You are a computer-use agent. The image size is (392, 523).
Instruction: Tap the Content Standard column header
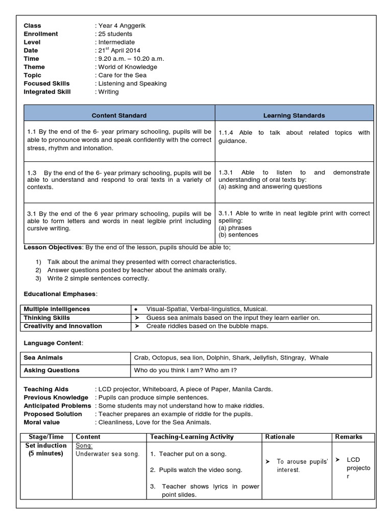tap(119, 115)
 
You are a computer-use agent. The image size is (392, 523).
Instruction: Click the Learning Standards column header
tap(294, 115)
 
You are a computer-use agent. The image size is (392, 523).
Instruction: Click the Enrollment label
tap(41, 34)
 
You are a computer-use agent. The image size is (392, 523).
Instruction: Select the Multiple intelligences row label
tap(57, 309)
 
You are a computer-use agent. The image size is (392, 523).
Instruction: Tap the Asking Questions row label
tap(52, 370)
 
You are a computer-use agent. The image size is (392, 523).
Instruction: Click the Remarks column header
tap(349, 437)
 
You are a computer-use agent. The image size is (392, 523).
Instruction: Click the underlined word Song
tap(84, 446)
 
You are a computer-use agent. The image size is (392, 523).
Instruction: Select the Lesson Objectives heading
tap(53, 247)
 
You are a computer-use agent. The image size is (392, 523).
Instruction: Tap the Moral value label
tap(42, 422)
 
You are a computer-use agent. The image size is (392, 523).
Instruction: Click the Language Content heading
tap(52, 343)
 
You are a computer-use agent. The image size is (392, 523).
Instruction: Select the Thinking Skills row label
tap(47, 318)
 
